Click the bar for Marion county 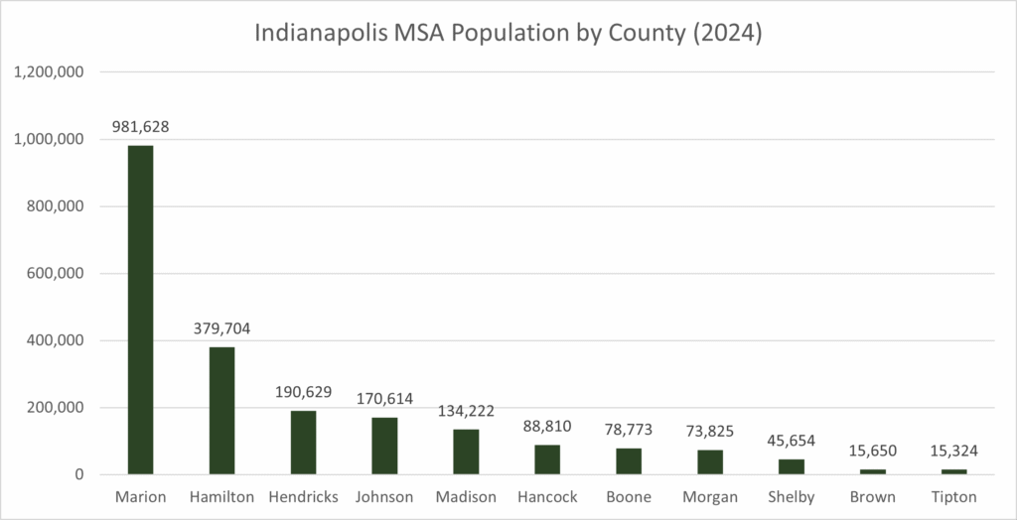[x=140, y=310]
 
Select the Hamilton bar [x=221, y=411]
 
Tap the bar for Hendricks [x=303, y=443]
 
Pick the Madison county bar [x=466, y=452]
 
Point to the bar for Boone [x=629, y=461]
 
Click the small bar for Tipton [x=953, y=471]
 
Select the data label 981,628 [x=140, y=128]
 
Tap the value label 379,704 [x=221, y=329]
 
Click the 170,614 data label [x=384, y=400]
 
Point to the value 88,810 [x=547, y=428]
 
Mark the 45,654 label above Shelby [x=792, y=442]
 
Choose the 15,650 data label [x=873, y=452]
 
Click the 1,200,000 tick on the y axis [x=50, y=72]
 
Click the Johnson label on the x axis [x=384, y=496]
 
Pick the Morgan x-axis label [x=710, y=496]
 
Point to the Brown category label [x=873, y=496]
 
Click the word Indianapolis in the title [x=322, y=33]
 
